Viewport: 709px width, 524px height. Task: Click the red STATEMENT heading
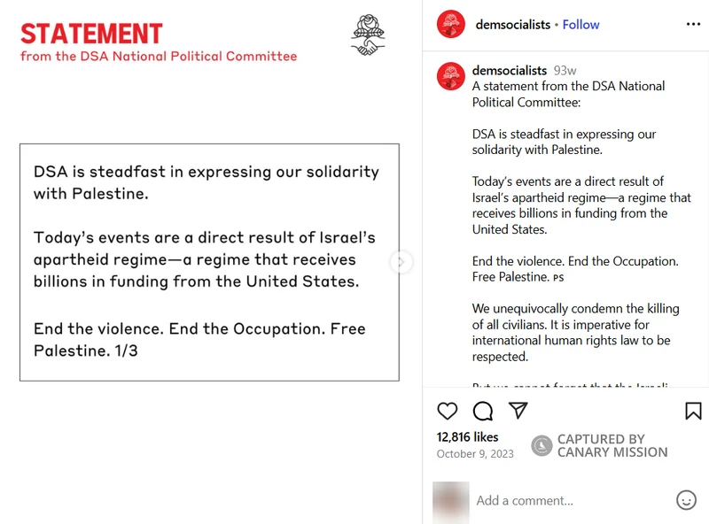pos(91,34)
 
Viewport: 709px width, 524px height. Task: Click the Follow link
pos(580,25)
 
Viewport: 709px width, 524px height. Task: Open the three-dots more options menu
pos(693,25)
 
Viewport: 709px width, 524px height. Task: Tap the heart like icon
pos(448,411)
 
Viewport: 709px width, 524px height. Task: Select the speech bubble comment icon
pos(483,411)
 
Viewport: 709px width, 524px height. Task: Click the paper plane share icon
pos(518,411)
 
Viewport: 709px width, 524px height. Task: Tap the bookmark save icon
pos(693,411)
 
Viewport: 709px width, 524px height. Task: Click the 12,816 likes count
pos(467,436)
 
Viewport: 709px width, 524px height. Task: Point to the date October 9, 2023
pos(475,454)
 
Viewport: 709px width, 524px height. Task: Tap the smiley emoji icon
pos(686,500)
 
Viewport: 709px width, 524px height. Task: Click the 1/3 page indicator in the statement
pos(126,351)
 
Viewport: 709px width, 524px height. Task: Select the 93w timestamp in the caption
pos(565,70)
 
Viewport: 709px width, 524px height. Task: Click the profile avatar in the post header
pos(451,25)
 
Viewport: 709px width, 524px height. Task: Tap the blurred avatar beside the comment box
pos(450,501)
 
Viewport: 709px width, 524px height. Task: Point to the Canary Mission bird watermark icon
pos(541,445)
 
